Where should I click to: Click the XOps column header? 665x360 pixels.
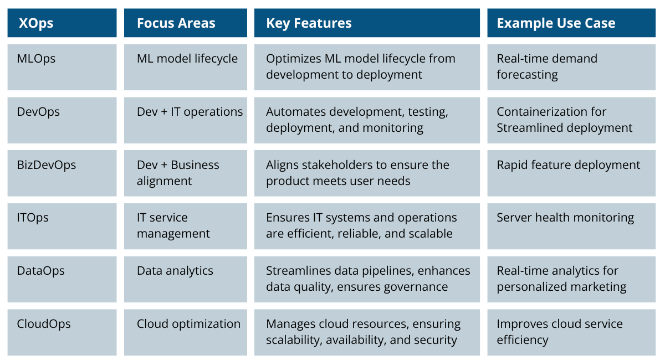(36, 23)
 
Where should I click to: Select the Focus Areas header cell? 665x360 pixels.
(176, 23)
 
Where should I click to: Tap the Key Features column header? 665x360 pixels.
(309, 23)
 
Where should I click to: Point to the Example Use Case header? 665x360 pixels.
(556, 23)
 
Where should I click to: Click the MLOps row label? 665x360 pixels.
(37, 59)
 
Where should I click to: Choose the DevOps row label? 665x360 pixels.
(38, 112)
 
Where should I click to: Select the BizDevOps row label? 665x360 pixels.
(47, 165)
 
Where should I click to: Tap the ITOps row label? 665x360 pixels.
(33, 218)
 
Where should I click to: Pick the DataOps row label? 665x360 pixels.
(40, 271)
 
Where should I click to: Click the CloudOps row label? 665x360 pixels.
(44, 324)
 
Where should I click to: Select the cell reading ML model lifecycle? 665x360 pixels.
(187, 59)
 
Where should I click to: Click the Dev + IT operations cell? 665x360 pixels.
(190, 112)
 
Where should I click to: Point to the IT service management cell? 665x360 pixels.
(173, 225)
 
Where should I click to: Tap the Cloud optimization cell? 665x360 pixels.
(188, 324)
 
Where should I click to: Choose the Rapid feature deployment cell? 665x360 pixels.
(568, 165)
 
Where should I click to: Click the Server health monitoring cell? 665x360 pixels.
(565, 218)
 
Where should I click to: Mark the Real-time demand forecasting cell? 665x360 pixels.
(547, 66)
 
